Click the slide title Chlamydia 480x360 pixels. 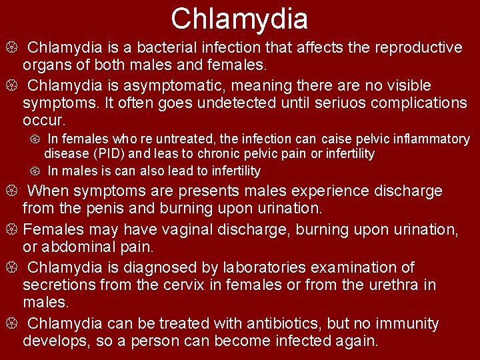point(239,19)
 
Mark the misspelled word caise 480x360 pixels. point(335,139)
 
